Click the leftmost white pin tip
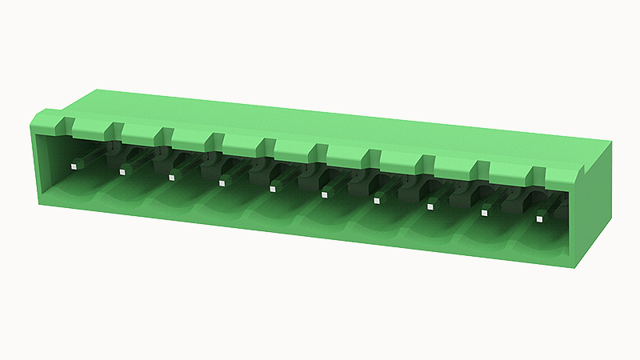point(73,166)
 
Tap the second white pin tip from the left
point(122,171)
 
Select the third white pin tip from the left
point(171,177)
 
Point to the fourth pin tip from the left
point(222,182)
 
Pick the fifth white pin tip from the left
point(273,188)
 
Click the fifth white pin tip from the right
point(325,194)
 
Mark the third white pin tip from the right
point(430,206)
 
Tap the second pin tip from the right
point(485,213)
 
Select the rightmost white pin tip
point(540,217)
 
